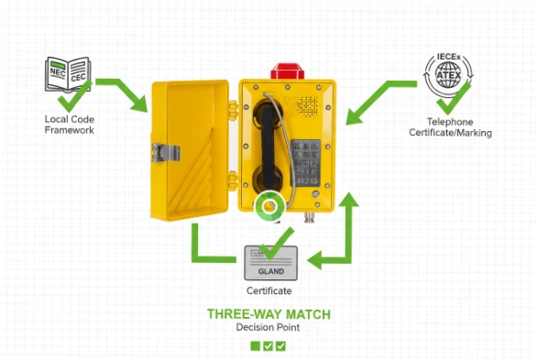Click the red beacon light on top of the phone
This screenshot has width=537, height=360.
(282, 70)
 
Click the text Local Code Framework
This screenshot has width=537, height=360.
(69, 125)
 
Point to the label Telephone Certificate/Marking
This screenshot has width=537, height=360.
(449, 127)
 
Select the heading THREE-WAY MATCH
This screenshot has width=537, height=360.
(268, 314)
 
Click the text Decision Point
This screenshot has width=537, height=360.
(268, 327)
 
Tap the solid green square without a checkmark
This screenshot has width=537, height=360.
(255, 345)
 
